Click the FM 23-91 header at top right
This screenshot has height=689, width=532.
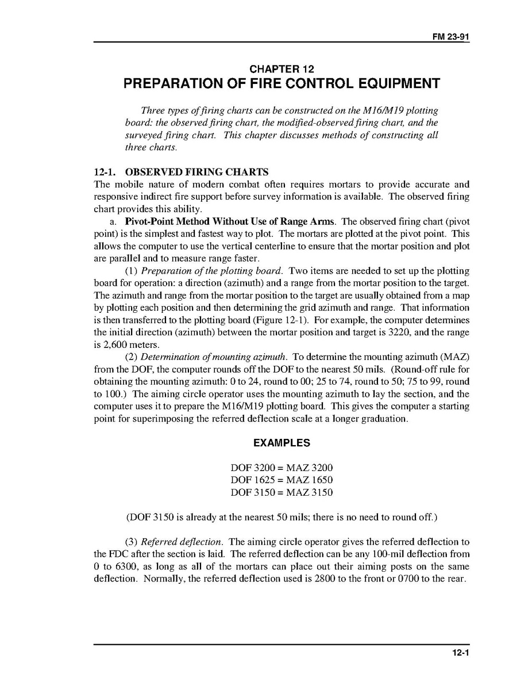point(451,36)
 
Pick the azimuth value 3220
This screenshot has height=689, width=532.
point(415,332)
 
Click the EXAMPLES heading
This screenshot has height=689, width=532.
point(282,443)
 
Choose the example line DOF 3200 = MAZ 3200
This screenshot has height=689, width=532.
point(282,468)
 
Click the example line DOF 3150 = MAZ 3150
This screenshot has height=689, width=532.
point(282,492)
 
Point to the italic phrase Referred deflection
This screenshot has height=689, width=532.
point(182,542)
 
